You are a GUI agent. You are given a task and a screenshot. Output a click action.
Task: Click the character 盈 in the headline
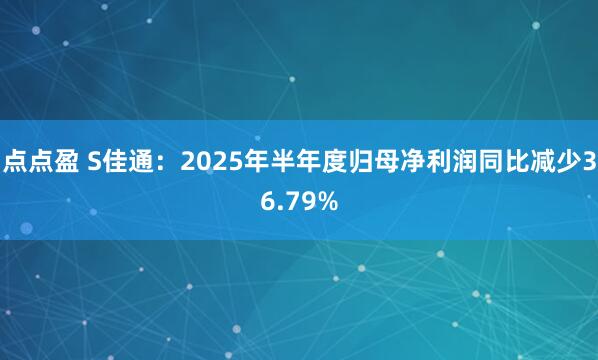(60, 164)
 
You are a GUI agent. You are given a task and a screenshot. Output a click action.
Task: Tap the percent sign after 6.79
(326, 202)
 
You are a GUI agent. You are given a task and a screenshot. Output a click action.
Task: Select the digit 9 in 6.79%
(304, 202)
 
